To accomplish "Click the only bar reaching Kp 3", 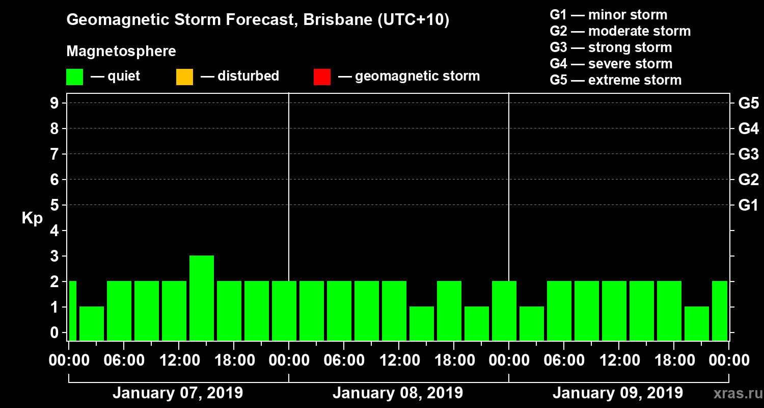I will coord(201,297).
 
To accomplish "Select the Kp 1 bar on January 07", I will coord(92,323).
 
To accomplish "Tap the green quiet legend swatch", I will coord(74,77).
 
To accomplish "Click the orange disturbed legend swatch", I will coord(184,77).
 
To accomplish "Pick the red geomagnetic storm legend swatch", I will coord(322,77).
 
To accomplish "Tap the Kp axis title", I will coord(32,218).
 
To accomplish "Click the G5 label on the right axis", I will coord(748,103).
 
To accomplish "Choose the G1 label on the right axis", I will coord(748,205).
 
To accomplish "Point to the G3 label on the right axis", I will coord(748,154).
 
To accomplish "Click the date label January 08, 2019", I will coord(397,393).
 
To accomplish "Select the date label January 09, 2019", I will coord(617,393).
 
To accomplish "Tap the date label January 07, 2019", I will coord(177,393).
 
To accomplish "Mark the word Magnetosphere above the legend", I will coord(121,52).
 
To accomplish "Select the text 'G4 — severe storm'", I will coord(611,64).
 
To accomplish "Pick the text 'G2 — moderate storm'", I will coord(620,31).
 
